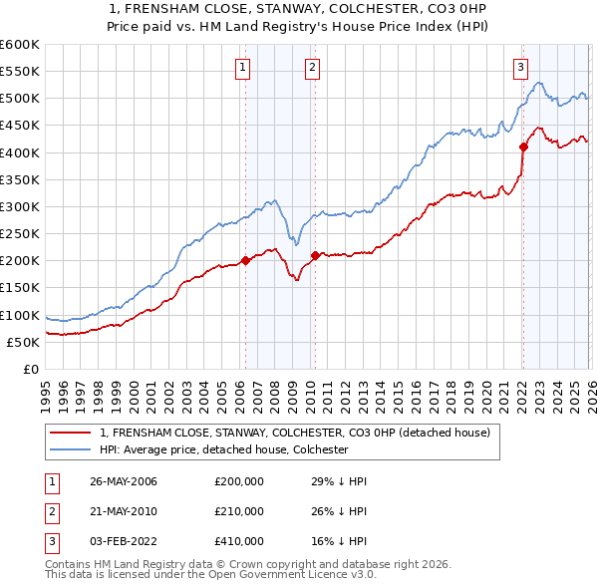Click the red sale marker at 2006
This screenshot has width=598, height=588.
point(246,261)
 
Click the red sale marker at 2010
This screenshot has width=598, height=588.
point(316,255)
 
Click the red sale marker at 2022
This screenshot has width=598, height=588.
point(522,147)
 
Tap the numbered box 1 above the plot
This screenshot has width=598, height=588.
point(243,68)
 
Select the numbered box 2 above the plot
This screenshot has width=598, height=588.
point(313,68)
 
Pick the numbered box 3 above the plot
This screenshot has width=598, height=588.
point(520,68)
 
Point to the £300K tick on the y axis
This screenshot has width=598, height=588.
point(20,206)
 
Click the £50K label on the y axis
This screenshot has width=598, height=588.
point(24,342)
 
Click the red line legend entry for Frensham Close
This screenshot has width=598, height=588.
point(294,433)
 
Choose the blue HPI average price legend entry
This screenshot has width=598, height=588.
point(236,449)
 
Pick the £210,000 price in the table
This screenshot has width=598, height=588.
point(239,511)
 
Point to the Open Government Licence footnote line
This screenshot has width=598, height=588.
point(211,575)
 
